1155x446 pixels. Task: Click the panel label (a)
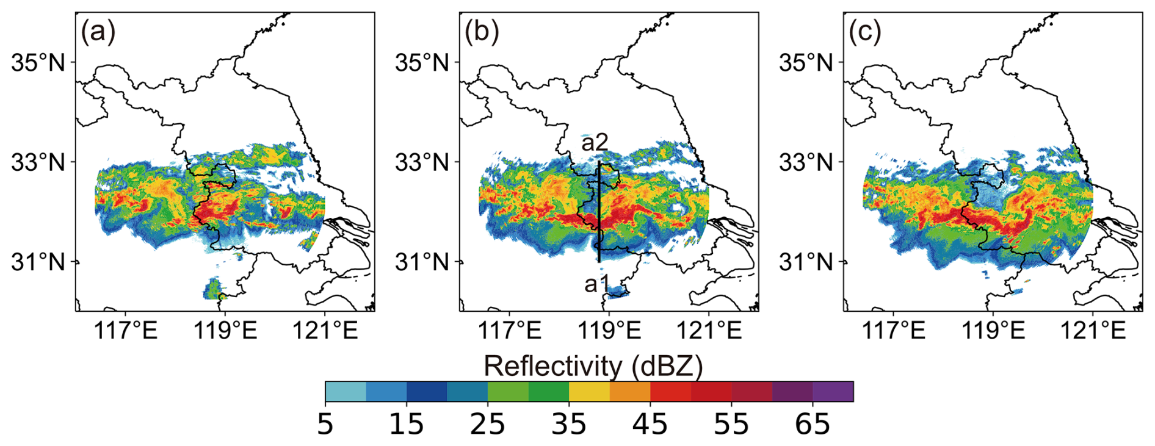click(98, 32)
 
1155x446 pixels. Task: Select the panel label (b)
click(482, 32)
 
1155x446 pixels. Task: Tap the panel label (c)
click(865, 32)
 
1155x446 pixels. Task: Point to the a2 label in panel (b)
click(595, 142)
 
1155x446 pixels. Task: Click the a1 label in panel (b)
click(596, 284)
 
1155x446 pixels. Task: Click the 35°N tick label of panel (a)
click(38, 62)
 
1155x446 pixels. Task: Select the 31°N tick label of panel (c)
click(805, 262)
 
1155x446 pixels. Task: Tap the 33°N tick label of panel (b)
click(421, 162)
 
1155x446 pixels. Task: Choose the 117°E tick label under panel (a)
click(126, 331)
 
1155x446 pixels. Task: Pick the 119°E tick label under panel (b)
click(609, 331)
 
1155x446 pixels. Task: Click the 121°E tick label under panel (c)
click(1093, 331)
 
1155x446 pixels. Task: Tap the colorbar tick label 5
click(325, 424)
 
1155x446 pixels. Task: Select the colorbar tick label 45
click(650, 424)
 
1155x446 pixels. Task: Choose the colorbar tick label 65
click(813, 424)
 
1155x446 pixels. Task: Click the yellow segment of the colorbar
click(589, 391)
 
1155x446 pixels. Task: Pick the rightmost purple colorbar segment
click(833, 391)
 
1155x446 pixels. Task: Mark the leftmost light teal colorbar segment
click(346, 391)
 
